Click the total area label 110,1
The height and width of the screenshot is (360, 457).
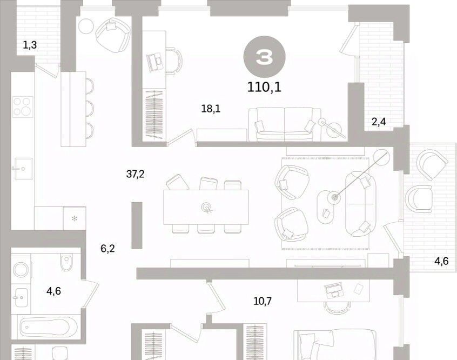click(x=264, y=87)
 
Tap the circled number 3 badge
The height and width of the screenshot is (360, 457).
click(x=264, y=57)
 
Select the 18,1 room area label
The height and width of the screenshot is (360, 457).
click(x=211, y=109)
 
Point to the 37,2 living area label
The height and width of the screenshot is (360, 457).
click(x=135, y=174)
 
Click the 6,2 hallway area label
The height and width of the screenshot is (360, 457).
click(x=107, y=249)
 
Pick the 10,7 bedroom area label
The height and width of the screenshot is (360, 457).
click(x=263, y=301)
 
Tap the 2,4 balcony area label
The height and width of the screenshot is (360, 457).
click(x=379, y=122)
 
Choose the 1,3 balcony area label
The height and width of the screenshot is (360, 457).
click(x=30, y=45)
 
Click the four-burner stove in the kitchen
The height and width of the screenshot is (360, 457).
click(x=23, y=106)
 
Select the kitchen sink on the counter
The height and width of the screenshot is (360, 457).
click(x=23, y=169)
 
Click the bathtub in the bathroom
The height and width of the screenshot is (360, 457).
click(x=49, y=326)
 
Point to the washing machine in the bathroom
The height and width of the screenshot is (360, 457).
click(x=21, y=270)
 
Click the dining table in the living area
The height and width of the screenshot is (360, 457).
click(x=206, y=207)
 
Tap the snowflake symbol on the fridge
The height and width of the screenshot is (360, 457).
click(x=75, y=218)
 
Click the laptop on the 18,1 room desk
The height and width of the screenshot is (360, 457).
click(x=155, y=62)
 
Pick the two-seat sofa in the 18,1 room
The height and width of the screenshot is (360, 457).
click(x=285, y=124)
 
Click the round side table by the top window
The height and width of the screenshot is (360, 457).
click(x=86, y=26)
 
